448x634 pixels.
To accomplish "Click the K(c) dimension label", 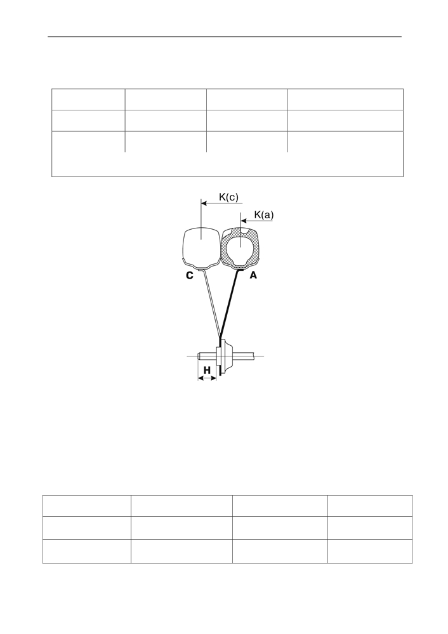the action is [228, 197].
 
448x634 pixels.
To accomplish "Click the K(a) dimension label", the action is [263, 215].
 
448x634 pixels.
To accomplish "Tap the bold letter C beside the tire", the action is [190, 275].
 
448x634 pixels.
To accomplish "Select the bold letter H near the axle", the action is [207, 370].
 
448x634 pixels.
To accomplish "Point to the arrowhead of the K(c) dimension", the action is [204, 203].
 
